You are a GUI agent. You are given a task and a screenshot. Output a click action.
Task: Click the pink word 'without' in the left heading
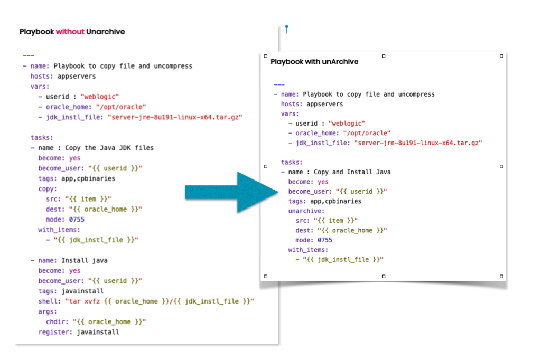[70, 32]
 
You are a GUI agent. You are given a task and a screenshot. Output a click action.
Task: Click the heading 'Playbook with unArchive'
[314, 62]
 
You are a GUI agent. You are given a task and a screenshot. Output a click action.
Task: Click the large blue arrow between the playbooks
[232, 191]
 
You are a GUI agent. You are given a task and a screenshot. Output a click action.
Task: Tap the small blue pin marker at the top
[286, 28]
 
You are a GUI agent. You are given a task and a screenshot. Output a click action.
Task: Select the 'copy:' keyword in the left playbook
[48, 188]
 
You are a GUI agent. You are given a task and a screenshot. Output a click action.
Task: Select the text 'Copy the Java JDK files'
[109, 148]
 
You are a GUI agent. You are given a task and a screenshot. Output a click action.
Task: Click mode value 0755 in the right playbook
[325, 240]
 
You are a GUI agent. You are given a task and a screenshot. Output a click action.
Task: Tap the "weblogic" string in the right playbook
[347, 124]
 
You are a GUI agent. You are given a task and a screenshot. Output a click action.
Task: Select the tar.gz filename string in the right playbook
[418, 143]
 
